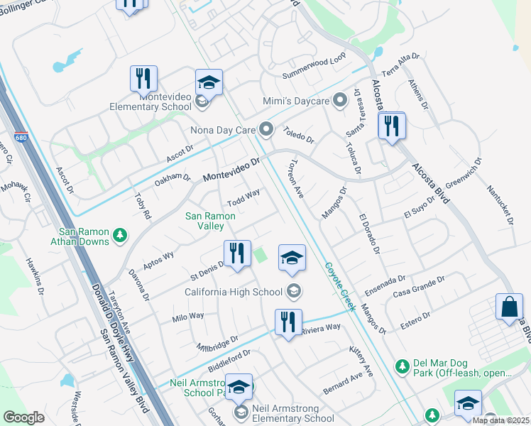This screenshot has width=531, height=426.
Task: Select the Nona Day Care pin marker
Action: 267,129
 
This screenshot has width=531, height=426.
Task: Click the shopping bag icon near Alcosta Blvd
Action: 510,307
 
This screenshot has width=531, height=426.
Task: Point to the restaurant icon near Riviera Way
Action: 288,322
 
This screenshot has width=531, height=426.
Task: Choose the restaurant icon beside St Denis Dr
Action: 237,253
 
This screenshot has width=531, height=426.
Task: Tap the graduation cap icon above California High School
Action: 291,258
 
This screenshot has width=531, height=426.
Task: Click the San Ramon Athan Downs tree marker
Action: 120,235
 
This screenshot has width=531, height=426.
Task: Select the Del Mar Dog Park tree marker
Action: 403,366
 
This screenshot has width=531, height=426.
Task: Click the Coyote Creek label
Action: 339,286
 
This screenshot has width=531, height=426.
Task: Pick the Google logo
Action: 23,417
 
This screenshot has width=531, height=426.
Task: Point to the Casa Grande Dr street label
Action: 420,287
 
